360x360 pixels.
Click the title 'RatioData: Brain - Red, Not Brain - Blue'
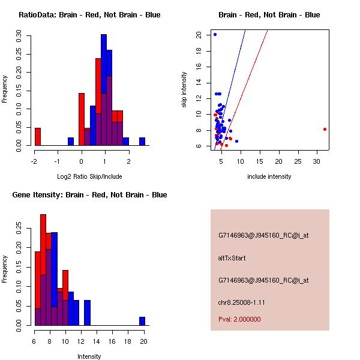(89, 15)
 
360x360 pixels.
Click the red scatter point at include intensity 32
(325, 129)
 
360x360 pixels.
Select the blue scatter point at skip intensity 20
(215, 35)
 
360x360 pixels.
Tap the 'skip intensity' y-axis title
(185, 90)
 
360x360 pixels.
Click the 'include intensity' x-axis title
(269, 176)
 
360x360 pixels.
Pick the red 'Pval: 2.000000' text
(239, 319)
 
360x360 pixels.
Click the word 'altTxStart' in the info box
(232, 258)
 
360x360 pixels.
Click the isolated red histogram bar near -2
(38, 137)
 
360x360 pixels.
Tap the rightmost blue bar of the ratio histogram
(142, 142)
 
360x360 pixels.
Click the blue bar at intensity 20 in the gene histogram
(142, 321)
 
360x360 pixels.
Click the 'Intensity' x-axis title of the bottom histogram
(89, 356)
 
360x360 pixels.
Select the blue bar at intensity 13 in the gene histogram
(87, 313)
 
